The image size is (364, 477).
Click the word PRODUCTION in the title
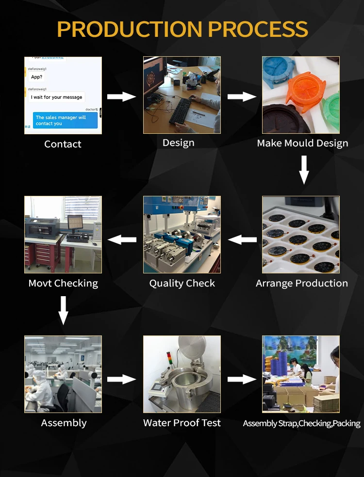click(x=128, y=30)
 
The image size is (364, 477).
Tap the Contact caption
click(x=63, y=144)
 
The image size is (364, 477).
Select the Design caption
click(x=179, y=143)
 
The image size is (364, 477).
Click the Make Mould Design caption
click(x=302, y=143)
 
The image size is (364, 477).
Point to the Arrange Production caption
click(x=302, y=283)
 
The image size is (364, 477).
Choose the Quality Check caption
click(x=182, y=283)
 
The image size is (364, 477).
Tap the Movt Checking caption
click(x=63, y=283)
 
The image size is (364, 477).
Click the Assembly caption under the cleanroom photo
click(x=64, y=423)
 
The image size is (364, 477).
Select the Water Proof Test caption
click(x=182, y=423)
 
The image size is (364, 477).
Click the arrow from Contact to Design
click(x=121, y=96)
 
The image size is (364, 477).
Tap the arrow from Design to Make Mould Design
click(x=242, y=96)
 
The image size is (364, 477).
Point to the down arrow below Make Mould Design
click(x=304, y=170)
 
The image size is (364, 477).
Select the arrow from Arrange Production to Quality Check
click(x=242, y=239)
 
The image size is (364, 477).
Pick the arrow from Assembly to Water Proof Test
click(x=121, y=379)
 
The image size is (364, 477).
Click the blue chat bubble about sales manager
click(x=66, y=120)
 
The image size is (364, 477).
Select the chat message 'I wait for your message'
click(x=57, y=97)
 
